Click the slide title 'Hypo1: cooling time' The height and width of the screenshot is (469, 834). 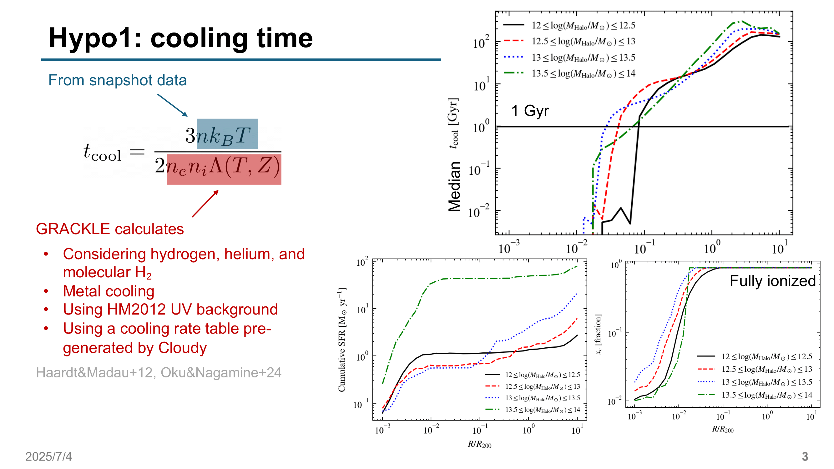pyautogui.click(x=180, y=38)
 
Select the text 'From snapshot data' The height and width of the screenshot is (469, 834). pyautogui.click(x=117, y=80)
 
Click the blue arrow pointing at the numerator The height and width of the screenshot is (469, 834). pyautogui.click(x=172, y=105)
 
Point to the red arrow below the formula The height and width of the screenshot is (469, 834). pyautogui.click(x=205, y=204)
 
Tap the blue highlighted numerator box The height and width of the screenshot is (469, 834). pyautogui.click(x=227, y=134)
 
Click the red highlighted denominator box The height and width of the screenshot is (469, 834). pyautogui.click(x=224, y=169)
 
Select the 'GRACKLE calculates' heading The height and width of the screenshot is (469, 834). pyautogui.click(x=110, y=229)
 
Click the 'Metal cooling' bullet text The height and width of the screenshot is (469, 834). pyautogui.click(x=109, y=291)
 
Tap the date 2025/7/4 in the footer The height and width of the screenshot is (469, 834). pyautogui.click(x=48, y=456)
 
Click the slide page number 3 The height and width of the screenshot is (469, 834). pyautogui.click(x=805, y=456)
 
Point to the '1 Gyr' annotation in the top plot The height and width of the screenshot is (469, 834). pyautogui.click(x=530, y=111)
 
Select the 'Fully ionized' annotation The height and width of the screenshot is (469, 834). pyautogui.click(x=772, y=281)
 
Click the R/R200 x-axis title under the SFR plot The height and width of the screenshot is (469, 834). pyautogui.click(x=479, y=444)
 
